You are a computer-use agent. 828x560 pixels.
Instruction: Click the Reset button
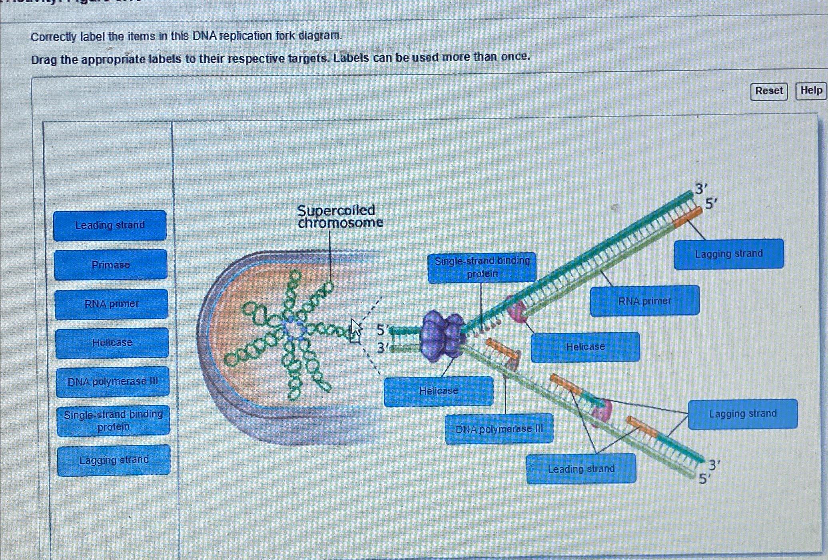pyautogui.click(x=768, y=91)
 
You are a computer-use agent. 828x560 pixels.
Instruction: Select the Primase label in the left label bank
pyautogui.click(x=110, y=265)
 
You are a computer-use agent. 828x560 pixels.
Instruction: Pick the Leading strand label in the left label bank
pyautogui.click(x=110, y=225)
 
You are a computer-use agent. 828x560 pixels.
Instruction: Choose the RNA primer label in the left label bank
pyautogui.click(x=111, y=304)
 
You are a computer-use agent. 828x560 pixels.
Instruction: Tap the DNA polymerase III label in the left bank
pyautogui.click(x=113, y=381)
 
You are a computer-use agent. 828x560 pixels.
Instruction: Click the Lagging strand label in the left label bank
pyautogui.click(x=114, y=460)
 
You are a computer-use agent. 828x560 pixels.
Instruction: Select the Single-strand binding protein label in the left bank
pyautogui.click(x=113, y=420)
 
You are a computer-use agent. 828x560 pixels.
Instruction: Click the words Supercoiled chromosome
pyautogui.click(x=339, y=217)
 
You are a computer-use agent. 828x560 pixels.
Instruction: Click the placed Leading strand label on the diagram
pyautogui.click(x=581, y=469)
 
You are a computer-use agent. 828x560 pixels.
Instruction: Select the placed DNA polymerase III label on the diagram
pyautogui.click(x=499, y=429)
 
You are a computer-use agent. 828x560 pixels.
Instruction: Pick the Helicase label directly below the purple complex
pyautogui.click(x=438, y=391)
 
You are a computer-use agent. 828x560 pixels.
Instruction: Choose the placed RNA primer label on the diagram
pyautogui.click(x=644, y=301)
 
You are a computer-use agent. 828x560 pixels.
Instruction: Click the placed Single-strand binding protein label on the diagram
pyautogui.click(x=482, y=267)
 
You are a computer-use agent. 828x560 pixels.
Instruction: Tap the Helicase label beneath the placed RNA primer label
pyautogui.click(x=585, y=347)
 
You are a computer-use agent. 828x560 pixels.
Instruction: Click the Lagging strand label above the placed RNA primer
pyautogui.click(x=728, y=254)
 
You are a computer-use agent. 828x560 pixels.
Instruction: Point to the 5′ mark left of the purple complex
pyautogui.click(x=382, y=330)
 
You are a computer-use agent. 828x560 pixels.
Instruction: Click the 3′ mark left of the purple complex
pyautogui.click(x=382, y=348)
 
